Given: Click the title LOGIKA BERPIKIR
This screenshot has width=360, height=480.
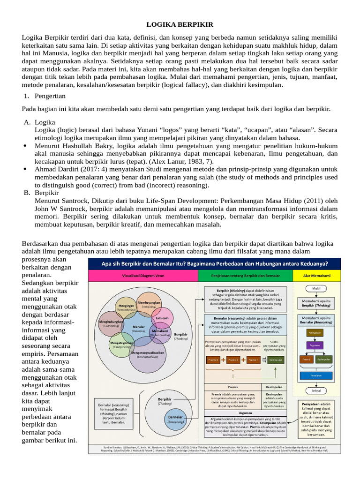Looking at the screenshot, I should pyautogui.click(x=180, y=24).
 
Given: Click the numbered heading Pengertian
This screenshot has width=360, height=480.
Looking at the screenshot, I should pyautogui.click(x=50, y=96).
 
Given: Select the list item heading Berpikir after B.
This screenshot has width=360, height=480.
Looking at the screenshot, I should pyautogui.click(x=46, y=192).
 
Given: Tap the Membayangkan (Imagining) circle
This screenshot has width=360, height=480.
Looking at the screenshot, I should pyautogui.click(x=149, y=305).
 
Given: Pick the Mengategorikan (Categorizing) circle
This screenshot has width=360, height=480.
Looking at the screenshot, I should pyautogui.click(x=121, y=344).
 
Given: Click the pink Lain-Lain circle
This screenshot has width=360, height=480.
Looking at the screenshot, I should pyautogui.click(x=162, y=319).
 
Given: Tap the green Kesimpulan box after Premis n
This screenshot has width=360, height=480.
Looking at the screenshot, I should pyautogui.click(x=275, y=360).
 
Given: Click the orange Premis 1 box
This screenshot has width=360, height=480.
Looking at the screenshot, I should pyautogui.click(x=214, y=360).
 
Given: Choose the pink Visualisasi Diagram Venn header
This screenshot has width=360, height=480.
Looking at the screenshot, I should pyautogui.click(x=143, y=275).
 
